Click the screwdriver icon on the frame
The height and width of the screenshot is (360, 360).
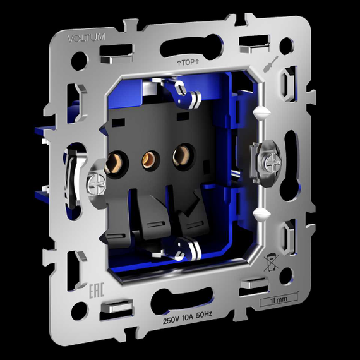[270, 64]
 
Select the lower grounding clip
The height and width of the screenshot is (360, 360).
[186, 248]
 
